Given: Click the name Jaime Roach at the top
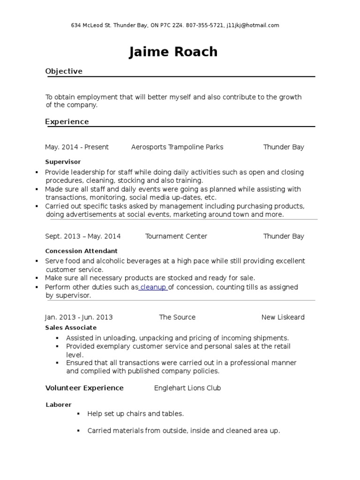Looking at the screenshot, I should click(x=173, y=52).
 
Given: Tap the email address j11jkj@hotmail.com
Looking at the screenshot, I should click(x=253, y=25).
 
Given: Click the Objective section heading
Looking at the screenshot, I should click(x=64, y=71).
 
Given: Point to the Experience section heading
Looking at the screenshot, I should click(x=67, y=122).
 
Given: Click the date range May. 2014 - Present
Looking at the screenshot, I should click(x=77, y=147).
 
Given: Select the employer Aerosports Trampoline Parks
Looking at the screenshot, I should click(x=177, y=147).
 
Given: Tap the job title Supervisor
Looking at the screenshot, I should click(x=63, y=162).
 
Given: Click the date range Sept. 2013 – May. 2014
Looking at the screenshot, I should click(x=82, y=236).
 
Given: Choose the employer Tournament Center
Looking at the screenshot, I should click(x=176, y=236).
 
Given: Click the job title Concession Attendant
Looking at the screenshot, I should click(x=81, y=251).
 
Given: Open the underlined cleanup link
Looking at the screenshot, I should click(x=153, y=287).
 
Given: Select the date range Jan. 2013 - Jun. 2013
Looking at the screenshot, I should click(x=79, y=317).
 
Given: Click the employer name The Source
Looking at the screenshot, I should click(x=177, y=317).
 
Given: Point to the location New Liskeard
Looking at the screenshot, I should click(x=283, y=317).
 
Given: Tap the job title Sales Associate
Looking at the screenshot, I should click(x=71, y=328).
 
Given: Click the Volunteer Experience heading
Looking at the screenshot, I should click(x=84, y=388).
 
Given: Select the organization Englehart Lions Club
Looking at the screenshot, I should click(x=187, y=388).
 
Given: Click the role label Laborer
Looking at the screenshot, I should click(x=59, y=405).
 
